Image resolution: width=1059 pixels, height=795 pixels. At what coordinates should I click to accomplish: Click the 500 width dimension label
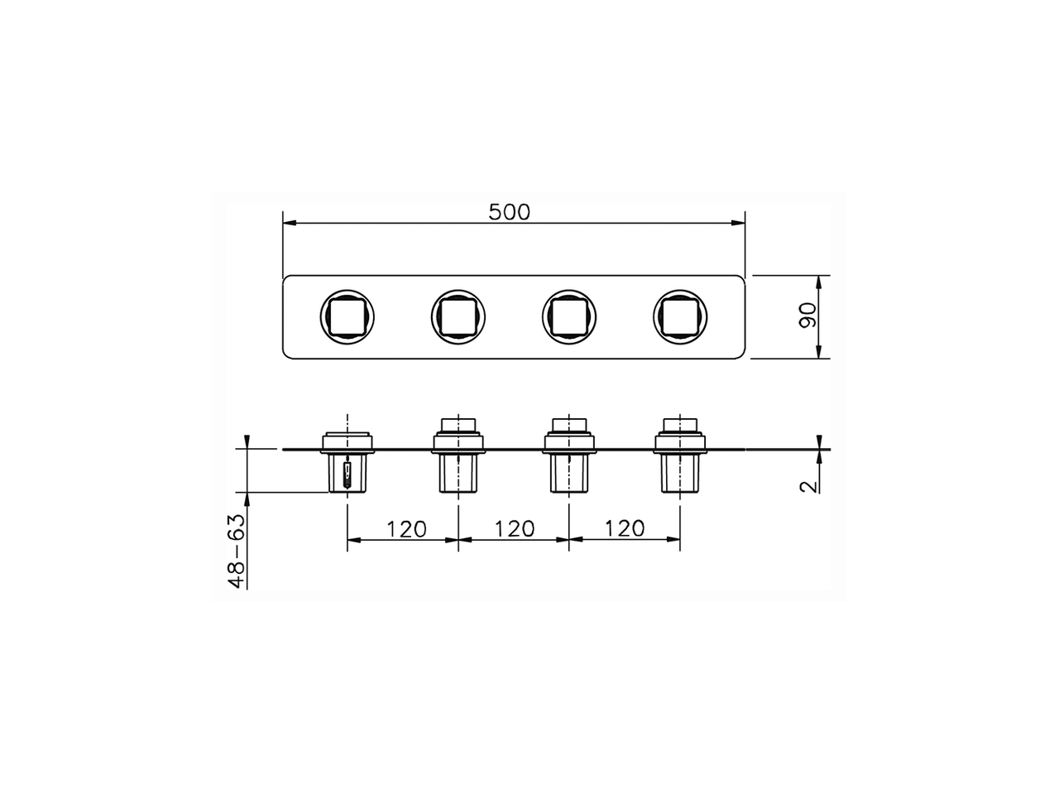(509, 211)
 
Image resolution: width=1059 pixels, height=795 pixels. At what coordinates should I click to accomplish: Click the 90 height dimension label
(808, 316)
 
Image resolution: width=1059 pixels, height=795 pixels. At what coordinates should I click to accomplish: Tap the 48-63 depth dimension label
(237, 550)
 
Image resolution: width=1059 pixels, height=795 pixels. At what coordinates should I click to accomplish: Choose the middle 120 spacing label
(514, 528)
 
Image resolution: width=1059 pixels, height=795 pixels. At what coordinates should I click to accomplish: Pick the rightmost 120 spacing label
(625, 528)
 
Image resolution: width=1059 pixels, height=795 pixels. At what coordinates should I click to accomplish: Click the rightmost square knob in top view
(680, 316)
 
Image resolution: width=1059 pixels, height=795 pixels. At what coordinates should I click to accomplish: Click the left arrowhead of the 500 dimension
(289, 222)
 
